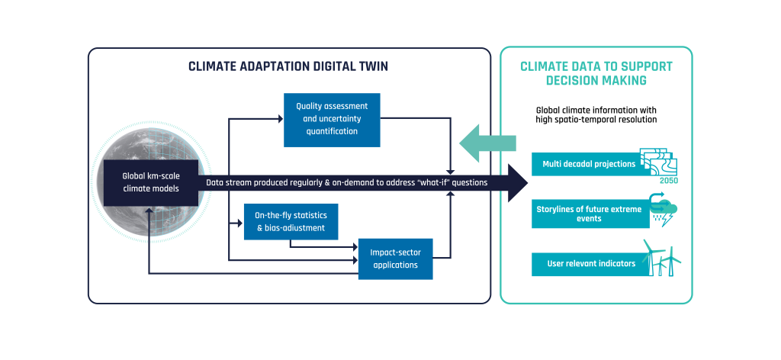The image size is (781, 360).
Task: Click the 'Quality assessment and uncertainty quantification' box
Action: [332, 120]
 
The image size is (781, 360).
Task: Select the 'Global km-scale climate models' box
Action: [151, 183]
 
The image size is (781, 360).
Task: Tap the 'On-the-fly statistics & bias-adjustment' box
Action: [291, 222]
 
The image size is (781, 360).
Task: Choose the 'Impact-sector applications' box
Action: [396, 259]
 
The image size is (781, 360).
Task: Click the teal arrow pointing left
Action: [487, 143]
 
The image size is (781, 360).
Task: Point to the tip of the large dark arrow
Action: [527, 183]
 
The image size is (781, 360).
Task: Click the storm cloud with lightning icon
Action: [664, 209]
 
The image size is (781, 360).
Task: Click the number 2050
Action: [668, 181]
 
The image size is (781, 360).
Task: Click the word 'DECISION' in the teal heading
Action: [571, 80]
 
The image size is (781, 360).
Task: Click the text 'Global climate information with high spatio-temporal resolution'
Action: [596, 114]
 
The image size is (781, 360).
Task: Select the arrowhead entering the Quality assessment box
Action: [281, 118]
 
